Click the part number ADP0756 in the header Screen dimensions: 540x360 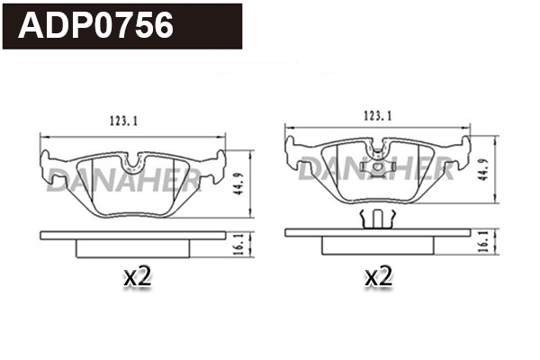pos(95,25)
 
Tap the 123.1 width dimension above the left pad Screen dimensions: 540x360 pos(123,121)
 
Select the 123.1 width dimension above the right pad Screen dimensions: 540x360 pos(378,116)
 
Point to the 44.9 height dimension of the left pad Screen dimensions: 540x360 pos(238,184)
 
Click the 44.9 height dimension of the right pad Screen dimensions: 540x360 pos(482,169)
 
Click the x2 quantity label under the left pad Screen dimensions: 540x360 pos(138,276)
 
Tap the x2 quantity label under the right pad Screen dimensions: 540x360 pos(379,276)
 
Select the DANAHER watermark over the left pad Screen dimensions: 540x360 pos(123,180)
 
